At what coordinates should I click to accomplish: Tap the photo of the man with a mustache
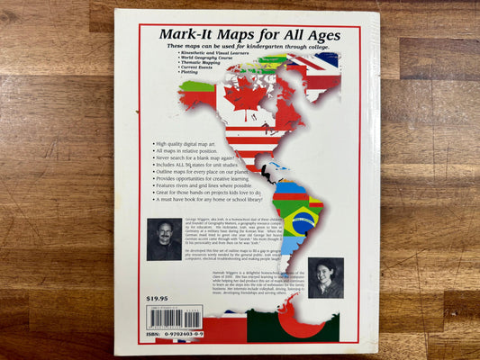tap(164, 239)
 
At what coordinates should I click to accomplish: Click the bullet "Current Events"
tap(201, 71)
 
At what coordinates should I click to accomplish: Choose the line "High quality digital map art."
tap(186, 144)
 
